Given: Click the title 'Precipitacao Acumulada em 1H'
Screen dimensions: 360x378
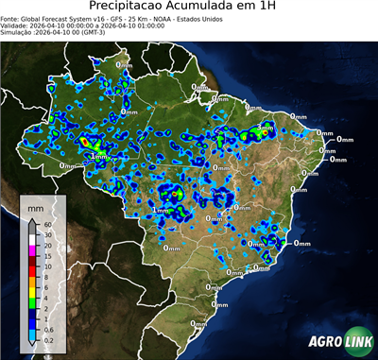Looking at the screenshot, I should tap(188, 8).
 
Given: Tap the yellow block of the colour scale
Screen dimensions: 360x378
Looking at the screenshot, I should tap(32, 295).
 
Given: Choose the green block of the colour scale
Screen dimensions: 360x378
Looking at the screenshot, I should tap(32, 305).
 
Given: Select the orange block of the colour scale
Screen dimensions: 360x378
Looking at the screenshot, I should tap(32, 284).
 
